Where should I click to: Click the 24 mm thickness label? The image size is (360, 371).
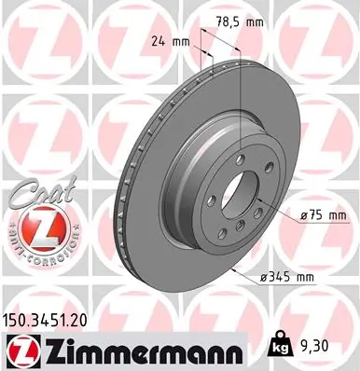(x=169, y=41)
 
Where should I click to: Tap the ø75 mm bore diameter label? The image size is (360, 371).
(x=320, y=214)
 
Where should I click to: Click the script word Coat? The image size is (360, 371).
(x=35, y=191)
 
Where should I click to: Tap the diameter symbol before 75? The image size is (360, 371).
(x=306, y=214)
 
